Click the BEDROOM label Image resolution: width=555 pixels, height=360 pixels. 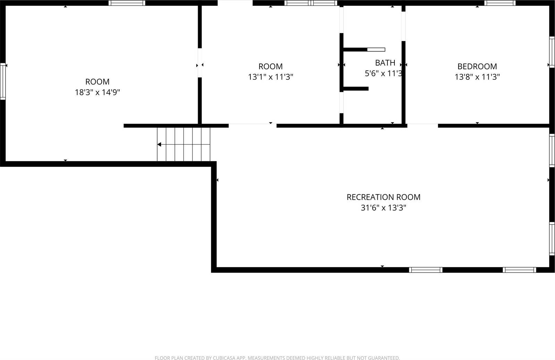pyautogui.click(x=477, y=66)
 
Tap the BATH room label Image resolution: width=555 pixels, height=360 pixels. pyautogui.click(x=385, y=63)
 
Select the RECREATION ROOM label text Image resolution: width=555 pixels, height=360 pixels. pyautogui.click(x=383, y=197)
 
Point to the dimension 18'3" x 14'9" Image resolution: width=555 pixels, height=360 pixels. pyautogui.click(x=97, y=92)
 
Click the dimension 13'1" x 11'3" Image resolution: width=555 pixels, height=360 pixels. pyautogui.click(x=271, y=77)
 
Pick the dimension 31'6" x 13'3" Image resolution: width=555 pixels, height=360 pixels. pyautogui.click(x=383, y=208)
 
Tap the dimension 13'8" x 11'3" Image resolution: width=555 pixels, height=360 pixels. pyautogui.click(x=477, y=77)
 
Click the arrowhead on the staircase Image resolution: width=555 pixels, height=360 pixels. pyautogui.click(x=159, y=144)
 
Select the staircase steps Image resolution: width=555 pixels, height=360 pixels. pyautogui.click(x=184, y=144)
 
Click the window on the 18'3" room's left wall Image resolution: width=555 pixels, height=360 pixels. pyautogui.click(x=3, y=82)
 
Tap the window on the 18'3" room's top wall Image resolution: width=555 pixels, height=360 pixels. pyautogui.click(x=127, y=3)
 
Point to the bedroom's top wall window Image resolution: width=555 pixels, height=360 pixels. pyautogui.click(x=499, y=3)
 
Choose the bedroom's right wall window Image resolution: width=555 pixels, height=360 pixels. pyautogui.click(x=552, y=52)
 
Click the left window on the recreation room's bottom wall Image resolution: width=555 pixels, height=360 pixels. pyautogui.click(x=426, y=269)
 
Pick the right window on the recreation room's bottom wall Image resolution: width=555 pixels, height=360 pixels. pyautogui.click(x=519, y=269)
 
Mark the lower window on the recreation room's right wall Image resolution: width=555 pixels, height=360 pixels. pyautogui.click(x=552, y=239)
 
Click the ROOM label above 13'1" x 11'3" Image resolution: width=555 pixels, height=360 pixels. pyautogui.click(x=271, y=66)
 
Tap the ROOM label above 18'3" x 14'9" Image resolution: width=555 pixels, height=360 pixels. pyautogui.click(x=97, y=82)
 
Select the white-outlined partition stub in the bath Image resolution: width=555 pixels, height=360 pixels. pyautogui.click(x=376, y=50)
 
